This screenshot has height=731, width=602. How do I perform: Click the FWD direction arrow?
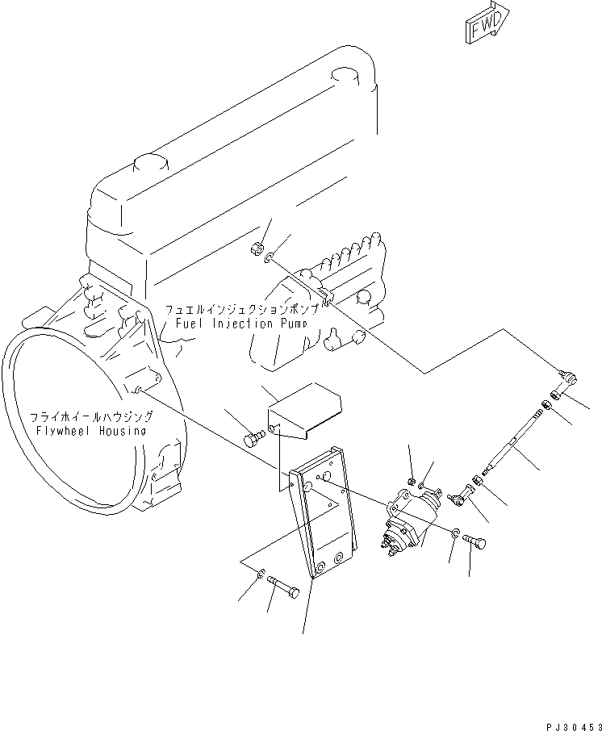tap(487, 23)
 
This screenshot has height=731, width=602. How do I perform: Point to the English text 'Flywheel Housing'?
tap(91, 431)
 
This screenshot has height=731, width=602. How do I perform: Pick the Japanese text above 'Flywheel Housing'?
tap(91, 417)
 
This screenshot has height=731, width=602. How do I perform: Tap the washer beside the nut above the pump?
tap(273, 258)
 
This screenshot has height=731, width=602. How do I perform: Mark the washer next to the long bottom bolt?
tap(260, 574)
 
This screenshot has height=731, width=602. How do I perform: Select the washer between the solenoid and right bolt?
tap(457, 533)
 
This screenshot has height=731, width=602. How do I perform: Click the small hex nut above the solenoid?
tap(412, 482)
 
